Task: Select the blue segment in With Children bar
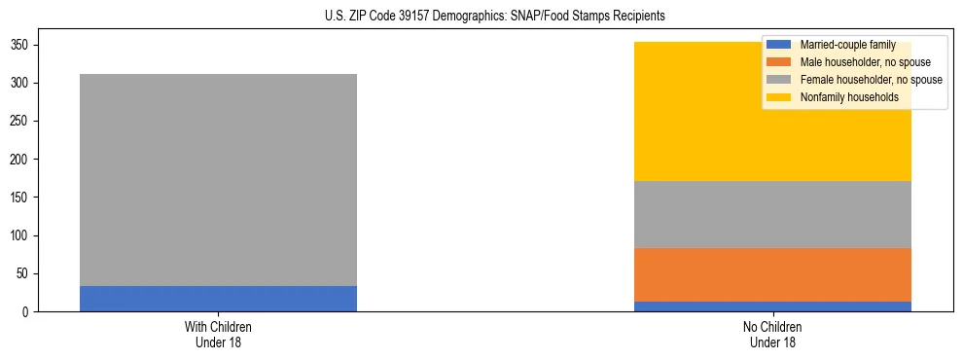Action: tap(218, 299)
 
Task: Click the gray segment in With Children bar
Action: tap(218, 180)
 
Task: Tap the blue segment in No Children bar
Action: tap(772, 306)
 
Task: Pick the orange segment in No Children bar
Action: tap(772, 274)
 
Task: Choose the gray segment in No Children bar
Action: tap(772, 214)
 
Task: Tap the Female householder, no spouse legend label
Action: tap(871, 80)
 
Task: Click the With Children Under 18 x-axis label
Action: tap(218, 335)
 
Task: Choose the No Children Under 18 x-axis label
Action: tap(772, 335)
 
